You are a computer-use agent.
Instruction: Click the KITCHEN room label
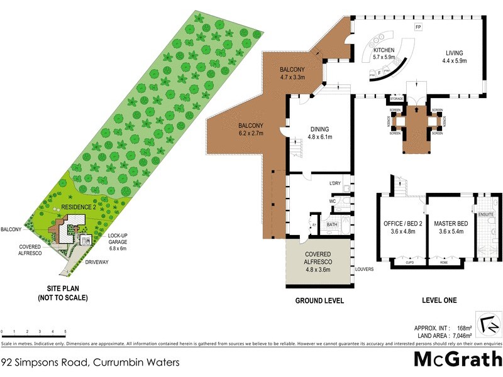pyautogui.click(x=384, y=50)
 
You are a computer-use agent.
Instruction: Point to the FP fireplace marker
pyautogui.click(x=417, y=28)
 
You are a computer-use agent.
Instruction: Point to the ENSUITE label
pyautogui.click(x=487, y=214)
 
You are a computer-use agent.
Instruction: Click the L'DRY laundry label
pyautogui.click(x=335, y=183)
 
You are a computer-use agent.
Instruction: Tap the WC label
pyautogui.click(x=332, y=201)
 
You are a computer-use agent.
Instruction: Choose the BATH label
pyautogui.click(x=332, y=223)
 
